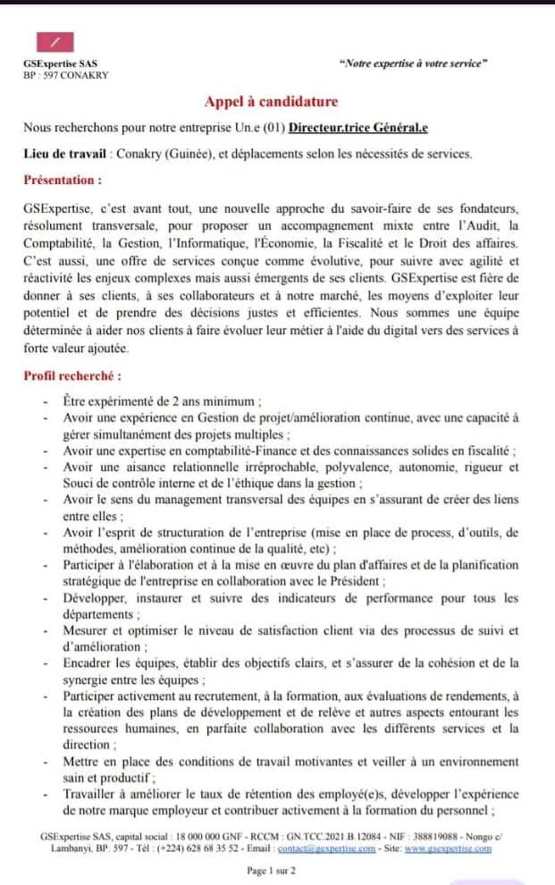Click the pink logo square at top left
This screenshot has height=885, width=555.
pos(55,42)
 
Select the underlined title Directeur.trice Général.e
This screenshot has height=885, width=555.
pos(357,128)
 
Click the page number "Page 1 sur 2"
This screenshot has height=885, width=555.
pos(272,870)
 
